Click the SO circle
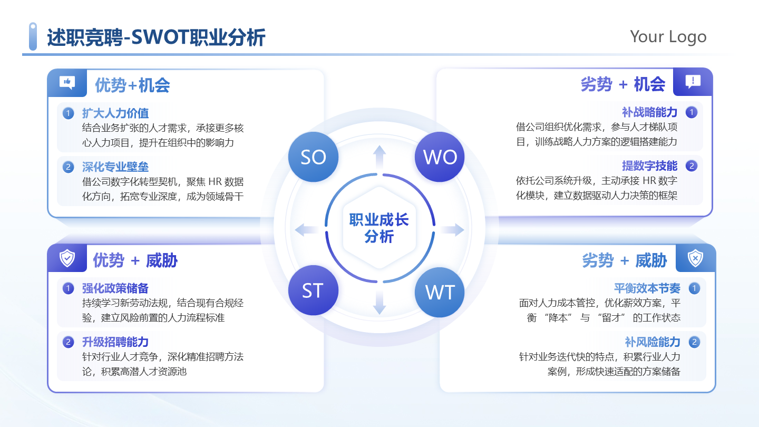click(313, 157)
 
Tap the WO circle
click(440, 157)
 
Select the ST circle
click(313, 290)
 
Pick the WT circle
click(440, 292)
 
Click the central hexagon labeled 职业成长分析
click(379, 228)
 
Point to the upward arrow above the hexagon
click(379, 157)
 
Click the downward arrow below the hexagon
click(379, 303)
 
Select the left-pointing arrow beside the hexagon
click(307, 230)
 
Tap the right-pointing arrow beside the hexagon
click(452, 230)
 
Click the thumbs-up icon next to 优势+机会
click(67, 82)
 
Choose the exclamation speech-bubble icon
click(693, 82)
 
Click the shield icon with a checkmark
click(67, 258)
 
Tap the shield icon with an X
click(695, 258)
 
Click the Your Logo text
click(668, 36)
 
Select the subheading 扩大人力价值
click(115, 113)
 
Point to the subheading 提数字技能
click(649, 166)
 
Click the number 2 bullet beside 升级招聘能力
click(68, 342)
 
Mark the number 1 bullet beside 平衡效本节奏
click(695, 288)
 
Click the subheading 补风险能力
click(653, 342)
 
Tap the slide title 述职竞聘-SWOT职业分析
click(156, 38)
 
